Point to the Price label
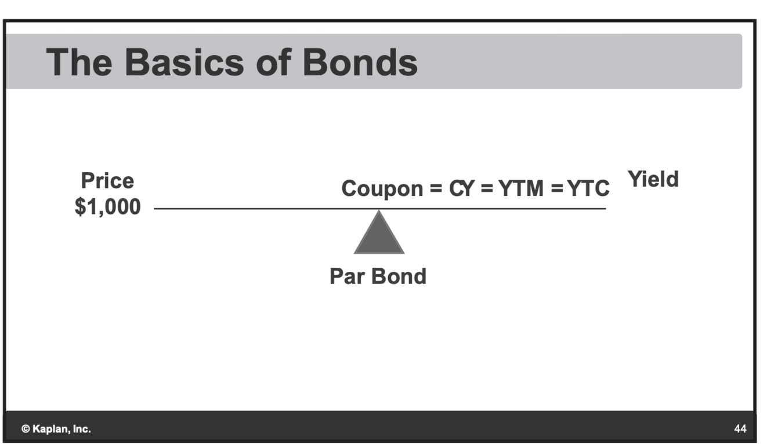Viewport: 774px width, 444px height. coord(107,181)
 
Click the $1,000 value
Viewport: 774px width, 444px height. coord(107,206)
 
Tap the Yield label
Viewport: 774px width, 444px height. coord(654,180)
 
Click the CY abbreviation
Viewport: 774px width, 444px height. coord(461,188)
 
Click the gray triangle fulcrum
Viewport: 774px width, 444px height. coord(379,235)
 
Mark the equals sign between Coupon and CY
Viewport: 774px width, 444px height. coord(436,189)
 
